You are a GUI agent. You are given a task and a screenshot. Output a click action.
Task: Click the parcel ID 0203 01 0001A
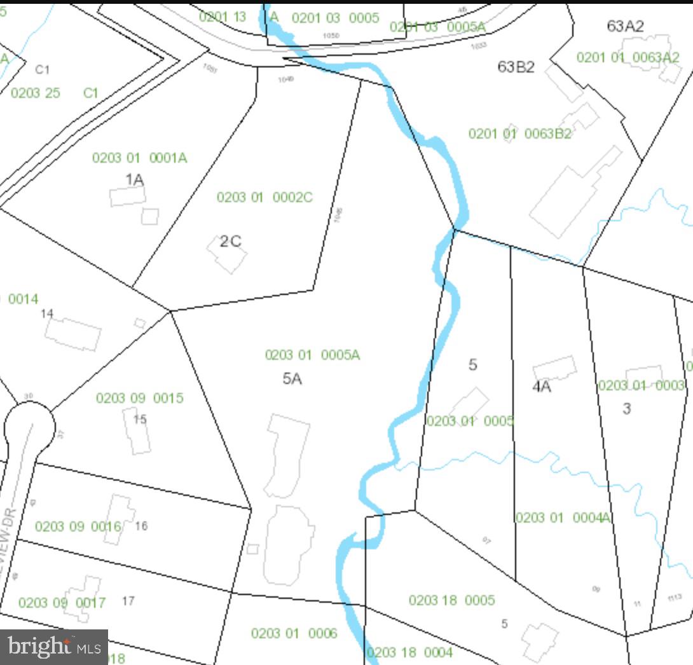[139, 158]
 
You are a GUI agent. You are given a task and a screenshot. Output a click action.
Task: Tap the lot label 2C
[231, 242]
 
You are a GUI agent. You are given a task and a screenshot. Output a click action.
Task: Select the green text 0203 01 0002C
[264, 197]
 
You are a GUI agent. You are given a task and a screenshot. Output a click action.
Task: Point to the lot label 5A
[292, 379]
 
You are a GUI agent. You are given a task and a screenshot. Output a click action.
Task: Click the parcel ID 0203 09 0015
[139, 398]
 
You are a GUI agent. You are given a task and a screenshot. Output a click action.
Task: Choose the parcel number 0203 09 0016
[78, 526]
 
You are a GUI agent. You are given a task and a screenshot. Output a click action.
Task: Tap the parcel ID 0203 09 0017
[62, 603]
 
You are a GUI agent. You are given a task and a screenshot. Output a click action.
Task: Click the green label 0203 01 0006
[294, 633]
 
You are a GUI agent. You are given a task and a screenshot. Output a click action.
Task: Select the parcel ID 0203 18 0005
[451, 600]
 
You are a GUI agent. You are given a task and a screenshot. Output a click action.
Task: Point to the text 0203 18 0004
[409, 652]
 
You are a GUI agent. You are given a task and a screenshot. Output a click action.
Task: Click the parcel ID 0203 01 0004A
[563, 518]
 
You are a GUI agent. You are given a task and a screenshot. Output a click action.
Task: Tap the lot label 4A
[541, 387]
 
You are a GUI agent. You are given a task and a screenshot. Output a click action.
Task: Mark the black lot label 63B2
[516, 67]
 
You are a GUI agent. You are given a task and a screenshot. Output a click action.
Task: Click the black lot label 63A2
[625, 26]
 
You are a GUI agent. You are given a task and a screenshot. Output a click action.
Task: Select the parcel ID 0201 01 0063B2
[519, 134]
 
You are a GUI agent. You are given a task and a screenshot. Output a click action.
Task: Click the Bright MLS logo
[54, 647]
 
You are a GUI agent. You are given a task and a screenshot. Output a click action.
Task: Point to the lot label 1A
[134, 180]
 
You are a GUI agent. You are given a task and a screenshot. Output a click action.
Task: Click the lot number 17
[128, 601]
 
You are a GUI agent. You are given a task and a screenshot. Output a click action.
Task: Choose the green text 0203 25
[35, 93]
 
